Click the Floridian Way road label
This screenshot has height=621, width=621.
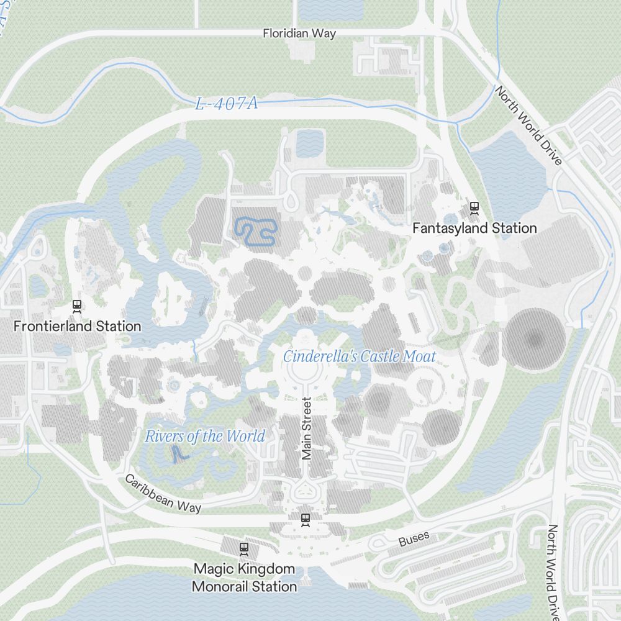pyautogui.click(x=299, y=34)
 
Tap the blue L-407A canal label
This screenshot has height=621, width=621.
pyautogui.click(x=226, y=104)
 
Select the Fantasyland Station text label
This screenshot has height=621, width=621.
pyautogui.click(x=474, y=229)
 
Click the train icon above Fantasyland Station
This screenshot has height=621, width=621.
pyautogui.click(x=474, y=208)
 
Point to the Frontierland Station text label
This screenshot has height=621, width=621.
pyautogui.click(x=78, y=326)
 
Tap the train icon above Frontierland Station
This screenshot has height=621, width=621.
pyautogui.click(x=78, y=306)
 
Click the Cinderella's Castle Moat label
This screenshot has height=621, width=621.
pyautogui.click(x=359, y=356)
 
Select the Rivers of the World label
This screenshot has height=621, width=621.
pyautogui.click(x=205, y=437)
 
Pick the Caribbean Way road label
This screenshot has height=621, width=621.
pyautogui.click(x=163, y=493)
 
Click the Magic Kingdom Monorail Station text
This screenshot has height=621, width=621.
pyautogui.click(x=244, y=578)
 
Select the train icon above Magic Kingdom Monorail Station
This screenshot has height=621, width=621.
pyautogui.click(x=244, y=548)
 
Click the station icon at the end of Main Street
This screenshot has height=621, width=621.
pyautogui.click(x=305, y=519)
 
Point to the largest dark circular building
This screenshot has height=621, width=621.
pyautogui.click(x=534, y=339)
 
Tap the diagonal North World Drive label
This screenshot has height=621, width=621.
pyautogui.click(x=528, y=125)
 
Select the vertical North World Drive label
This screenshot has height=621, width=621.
pyautogui.click(x=552, y=571)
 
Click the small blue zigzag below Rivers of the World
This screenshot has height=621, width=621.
pyautogui.click(x=178, y=455)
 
